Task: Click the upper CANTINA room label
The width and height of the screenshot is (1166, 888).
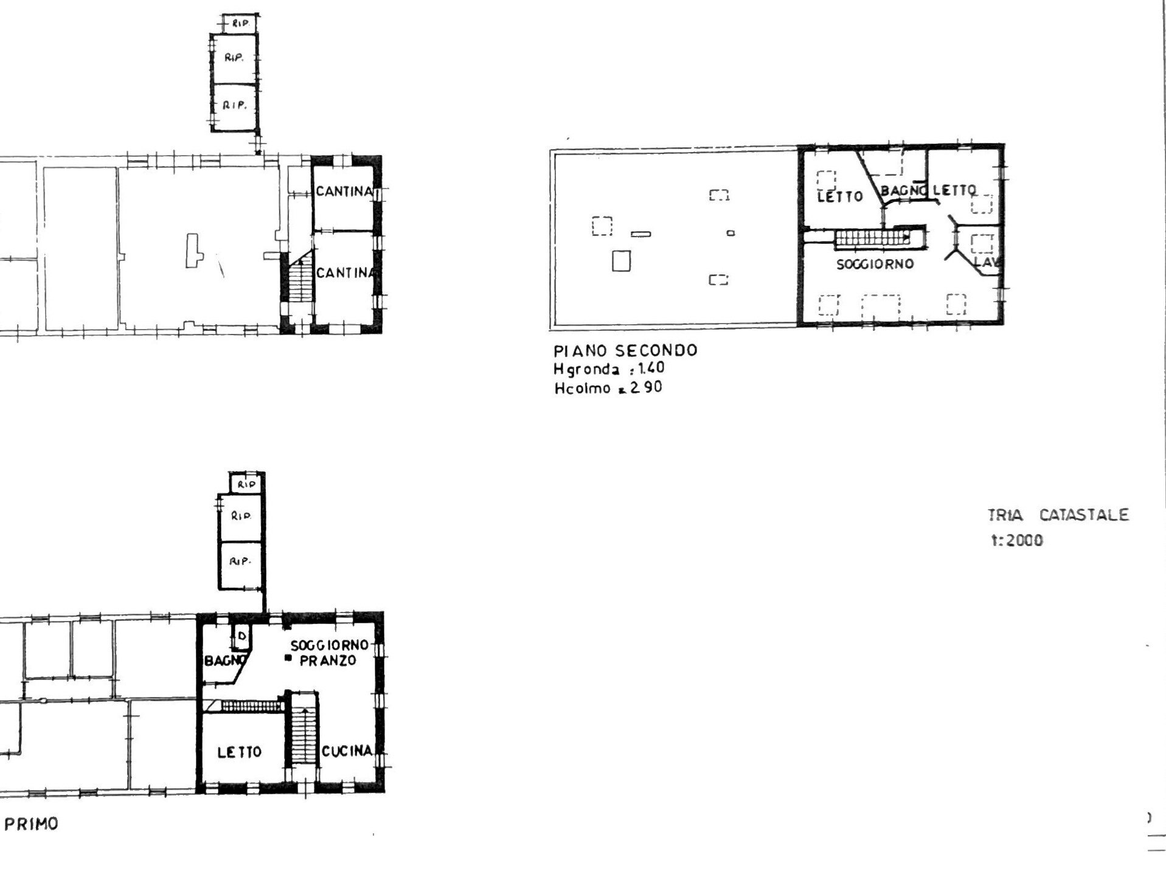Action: tap(344, 192)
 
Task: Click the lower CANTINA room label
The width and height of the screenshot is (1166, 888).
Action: tap(345, 273)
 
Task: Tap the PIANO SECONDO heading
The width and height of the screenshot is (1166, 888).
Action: tap(625, 351)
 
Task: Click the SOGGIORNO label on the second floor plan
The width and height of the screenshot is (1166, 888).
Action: tap(875, 265)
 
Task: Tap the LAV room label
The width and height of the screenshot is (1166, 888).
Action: tap(987, 263)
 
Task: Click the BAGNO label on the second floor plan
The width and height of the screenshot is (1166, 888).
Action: tap(903, 190)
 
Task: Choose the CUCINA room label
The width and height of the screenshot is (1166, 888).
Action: tap(347, 751)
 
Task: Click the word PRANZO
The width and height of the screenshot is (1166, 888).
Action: tap(328, 661)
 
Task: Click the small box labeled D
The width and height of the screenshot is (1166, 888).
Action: tap(241, 636)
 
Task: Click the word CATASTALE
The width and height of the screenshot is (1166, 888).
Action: tap(1084, 516)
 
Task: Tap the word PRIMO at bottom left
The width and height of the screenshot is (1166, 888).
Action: tap(32, 824)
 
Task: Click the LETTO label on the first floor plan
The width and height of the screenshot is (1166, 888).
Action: tap(240, 752)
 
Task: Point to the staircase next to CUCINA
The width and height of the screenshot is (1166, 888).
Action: tap(302, 736)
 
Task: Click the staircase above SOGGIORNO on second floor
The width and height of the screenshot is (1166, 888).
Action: tap(872, 238)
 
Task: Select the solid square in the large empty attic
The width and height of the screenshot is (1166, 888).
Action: tap(621, 262)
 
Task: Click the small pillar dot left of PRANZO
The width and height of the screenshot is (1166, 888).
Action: tap(288, 658)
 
